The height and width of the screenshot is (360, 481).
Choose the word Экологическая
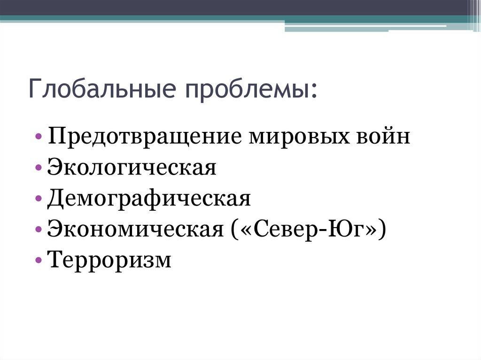[x=132, y=168]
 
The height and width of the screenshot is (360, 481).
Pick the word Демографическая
[x=149, y=199]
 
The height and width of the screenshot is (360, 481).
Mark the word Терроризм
[x=109, y=260]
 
